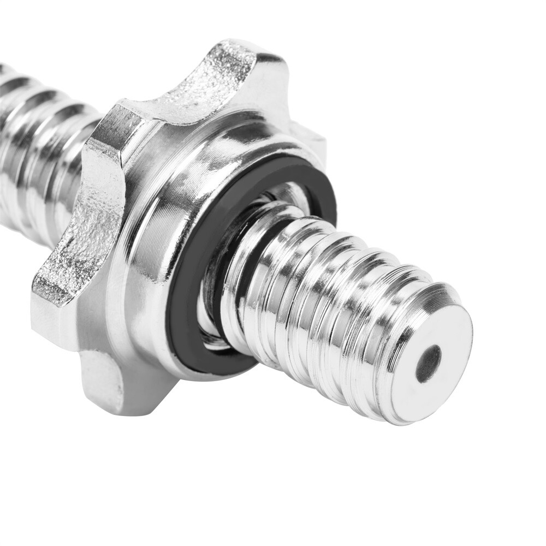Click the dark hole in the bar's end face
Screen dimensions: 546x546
(x=429, y=364)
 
